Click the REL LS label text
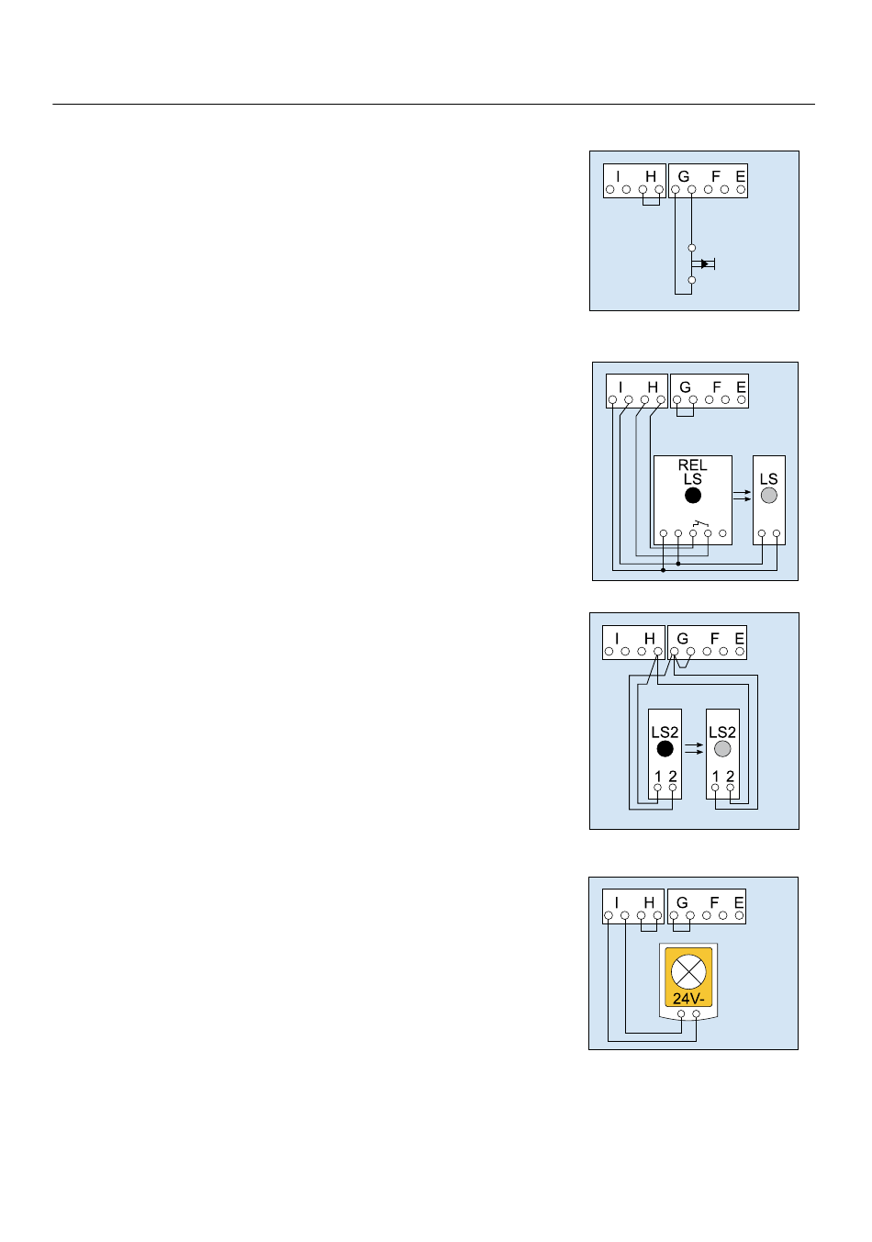[692, 472]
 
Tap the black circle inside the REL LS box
[693, 496]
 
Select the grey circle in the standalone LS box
[769, 496]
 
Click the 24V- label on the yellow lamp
[688, 999]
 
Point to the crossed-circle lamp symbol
[688, 972]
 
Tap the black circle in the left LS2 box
[665, 749]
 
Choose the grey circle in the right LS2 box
[722, 749]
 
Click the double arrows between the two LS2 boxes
[694, 748]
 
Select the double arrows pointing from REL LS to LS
[743, 496]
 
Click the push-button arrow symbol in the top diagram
[703, 264]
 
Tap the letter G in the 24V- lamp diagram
[682, 903]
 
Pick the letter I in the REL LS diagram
[620, 387]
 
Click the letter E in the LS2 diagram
[740, 639]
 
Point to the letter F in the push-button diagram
[716, 176]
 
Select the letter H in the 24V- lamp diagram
[649, 903]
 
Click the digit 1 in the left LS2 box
[658, 777]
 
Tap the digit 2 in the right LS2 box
[730, 777]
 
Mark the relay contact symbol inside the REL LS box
[700, 523]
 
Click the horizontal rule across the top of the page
[433, 105]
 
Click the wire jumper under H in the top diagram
[651, 205]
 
